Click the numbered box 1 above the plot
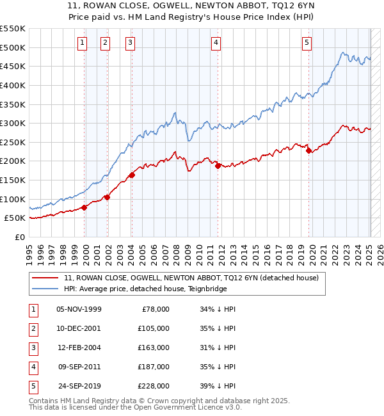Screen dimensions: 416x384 (83, 43)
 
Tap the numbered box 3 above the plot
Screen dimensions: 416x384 (130, 43)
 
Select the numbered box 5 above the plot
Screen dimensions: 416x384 (307, 43)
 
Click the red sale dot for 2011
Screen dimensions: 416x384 (218, 166)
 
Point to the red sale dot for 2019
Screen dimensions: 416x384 (308, 150)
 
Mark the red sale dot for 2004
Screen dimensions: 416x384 (132, 175)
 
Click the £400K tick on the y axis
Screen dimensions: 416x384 (13, 85)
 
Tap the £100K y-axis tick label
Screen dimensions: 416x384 (13, 199)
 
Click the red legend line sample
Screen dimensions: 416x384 (45, 278)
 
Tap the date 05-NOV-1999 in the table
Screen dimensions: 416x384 (79, 309)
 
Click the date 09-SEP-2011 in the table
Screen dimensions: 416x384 (79, 367)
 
